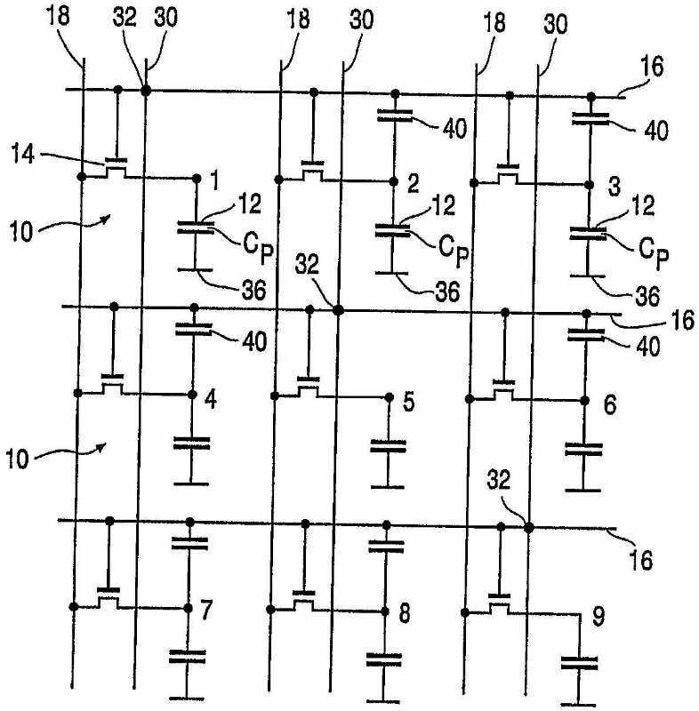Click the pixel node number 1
tap(215, 181)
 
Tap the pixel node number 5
tap(409, 402)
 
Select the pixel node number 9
tap(599, 617)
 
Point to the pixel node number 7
tap(206, 611)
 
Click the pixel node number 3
tap(615, 187)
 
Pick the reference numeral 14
tap(23, 154)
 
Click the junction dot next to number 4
tap(192, 395)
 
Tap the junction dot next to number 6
tap(584, 401)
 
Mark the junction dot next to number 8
tap(385, 611)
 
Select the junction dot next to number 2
tap(394, 182)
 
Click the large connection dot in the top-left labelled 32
tap(146, 91)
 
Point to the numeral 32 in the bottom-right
tap(499, 479)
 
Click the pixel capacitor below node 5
tap(389, 446)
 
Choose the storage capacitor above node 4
tap(194, 329)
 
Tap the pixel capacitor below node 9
tap(579, 662)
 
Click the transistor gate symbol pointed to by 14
tap(116, 160)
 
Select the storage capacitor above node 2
tap(395, 116)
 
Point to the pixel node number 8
tap(404, 613)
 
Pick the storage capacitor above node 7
tap(189, 544)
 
